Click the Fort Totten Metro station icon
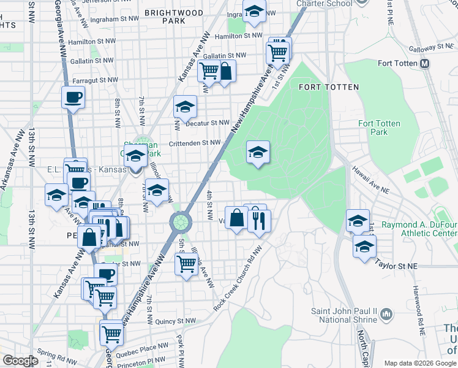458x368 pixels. pos(424,63)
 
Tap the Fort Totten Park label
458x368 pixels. pos(379,128)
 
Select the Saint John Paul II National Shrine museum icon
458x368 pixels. pos(386,315)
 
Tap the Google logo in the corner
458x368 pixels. pos(20,360)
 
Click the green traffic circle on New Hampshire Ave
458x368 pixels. pos(181,221)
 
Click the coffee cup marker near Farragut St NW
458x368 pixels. pos(73,97)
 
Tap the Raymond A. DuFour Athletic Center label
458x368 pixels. pos(419,229)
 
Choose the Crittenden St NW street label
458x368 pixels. pos(195,142)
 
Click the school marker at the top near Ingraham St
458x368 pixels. pos(254,11)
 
